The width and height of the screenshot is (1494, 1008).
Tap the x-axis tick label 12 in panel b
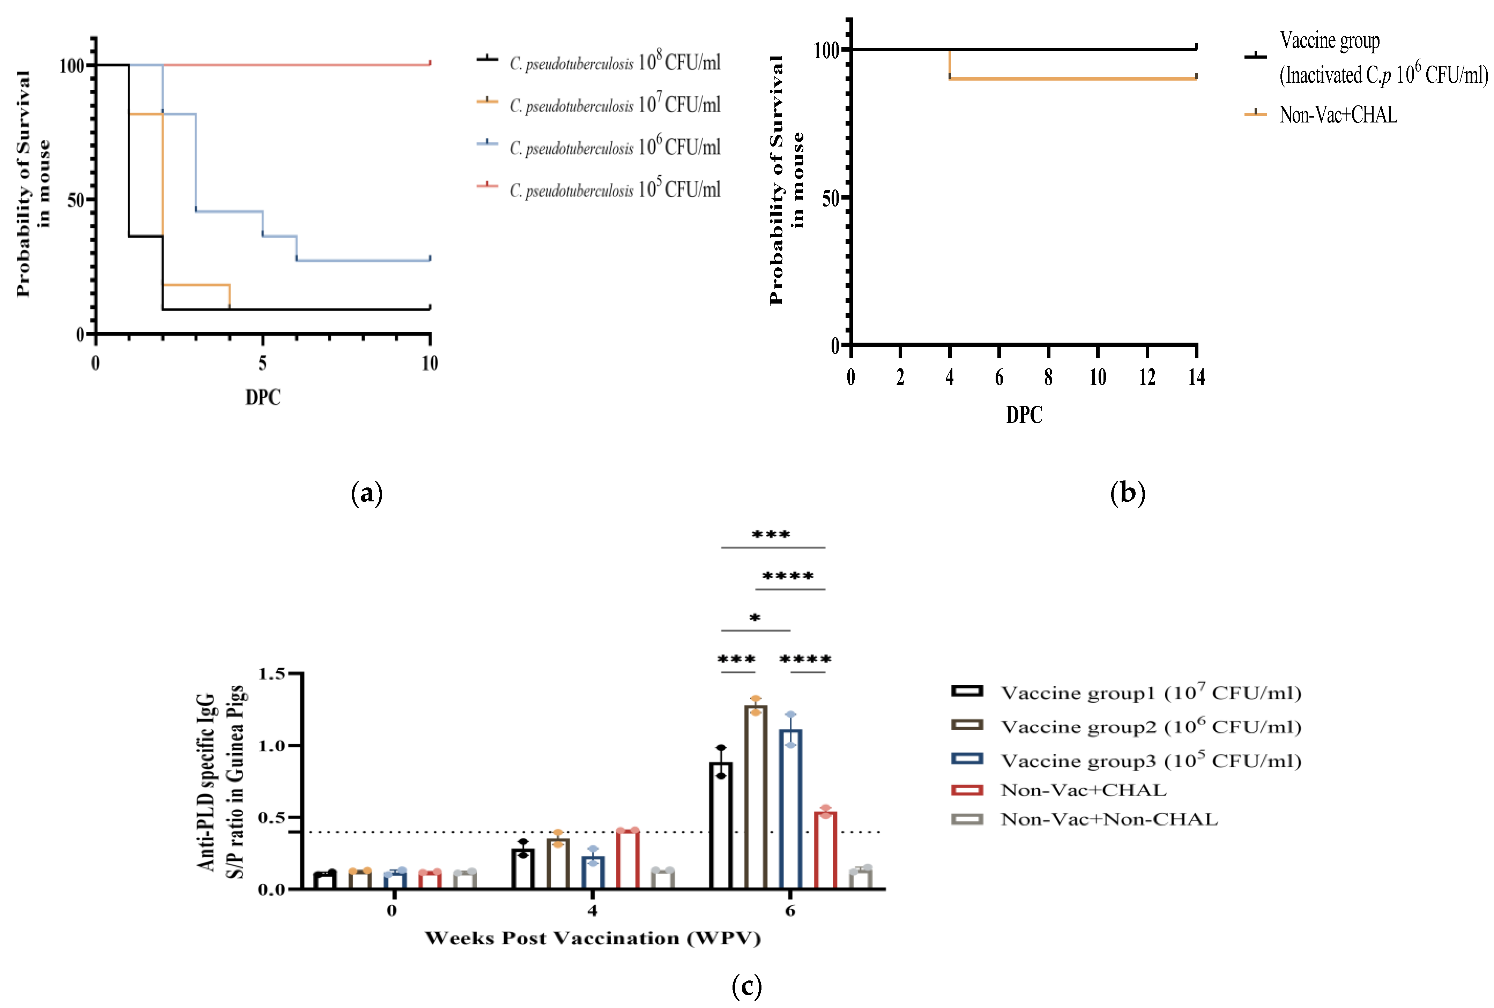[1147, 378]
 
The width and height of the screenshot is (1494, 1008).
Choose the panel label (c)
[746, 986]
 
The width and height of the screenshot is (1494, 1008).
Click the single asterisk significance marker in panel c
[755, 618]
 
